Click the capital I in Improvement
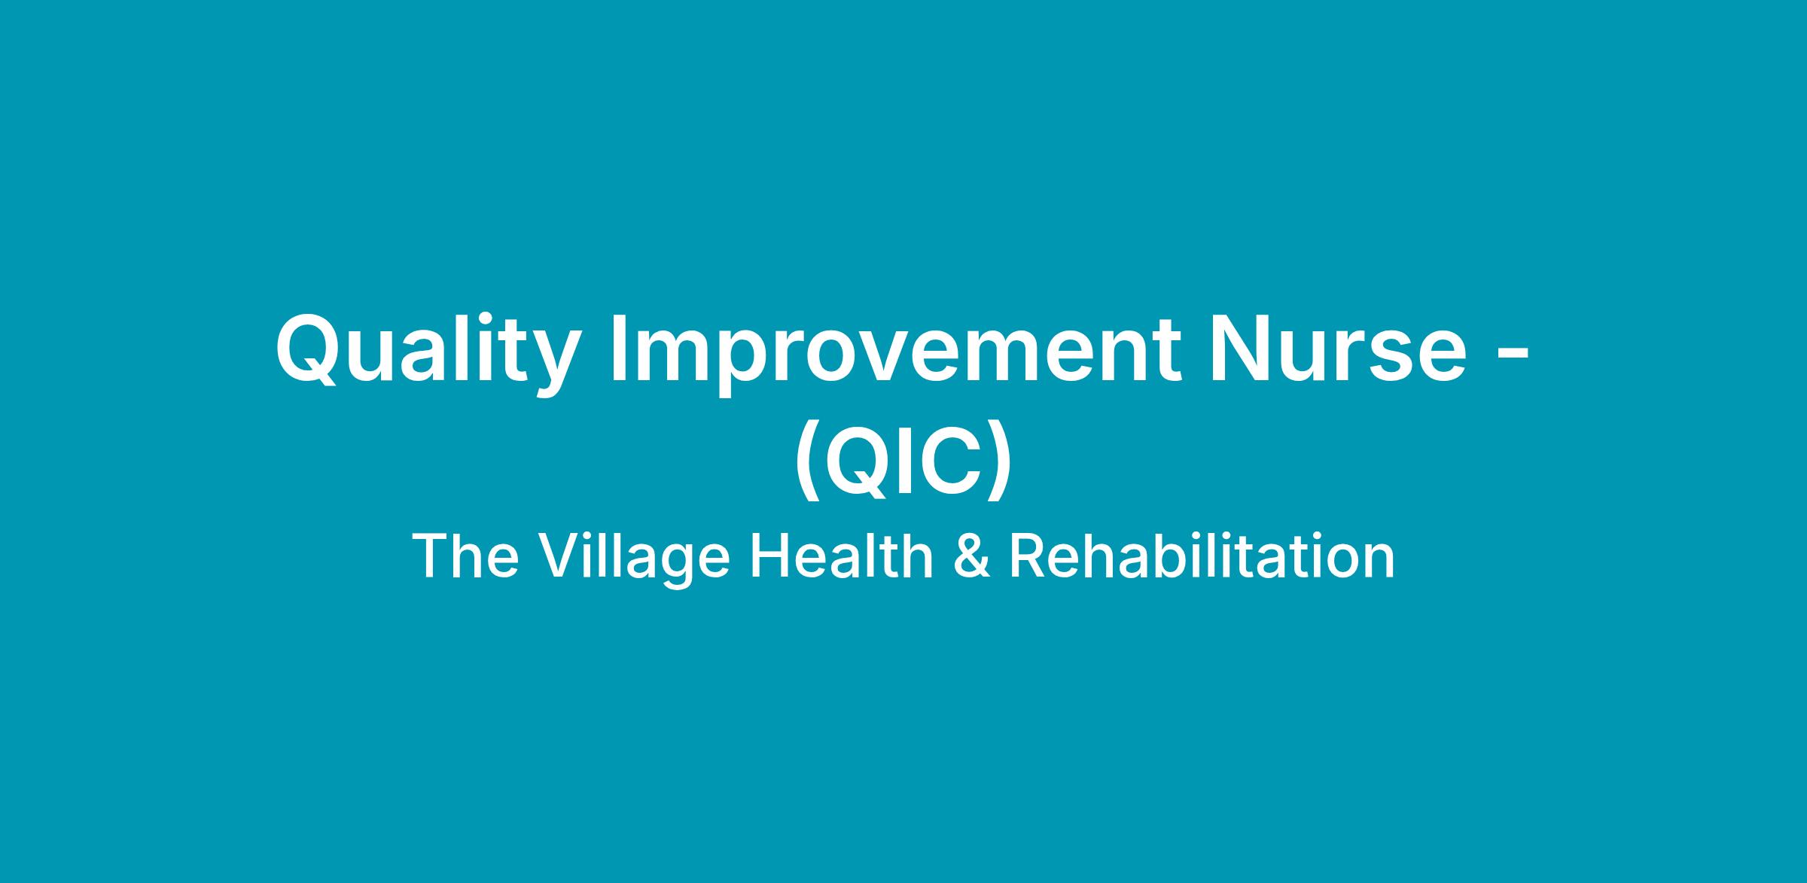tap(619, 349)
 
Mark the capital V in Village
tap(560, 556)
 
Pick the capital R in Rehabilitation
tap(1027, 556)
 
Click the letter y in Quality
tap(556, 364)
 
